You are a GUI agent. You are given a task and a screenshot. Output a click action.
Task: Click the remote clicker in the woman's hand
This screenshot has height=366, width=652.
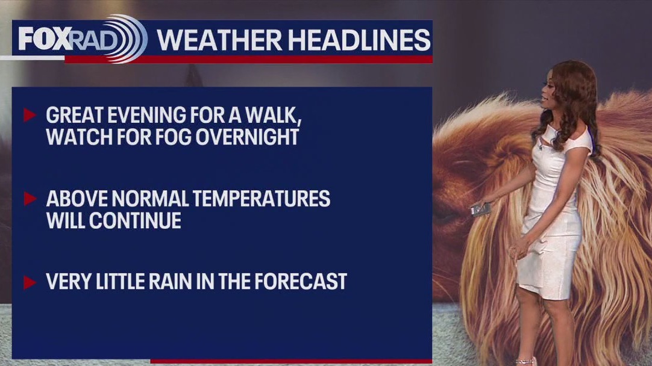tap(480, 209)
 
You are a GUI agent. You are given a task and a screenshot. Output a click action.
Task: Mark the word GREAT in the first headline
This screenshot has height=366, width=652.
tap(73, 115)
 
